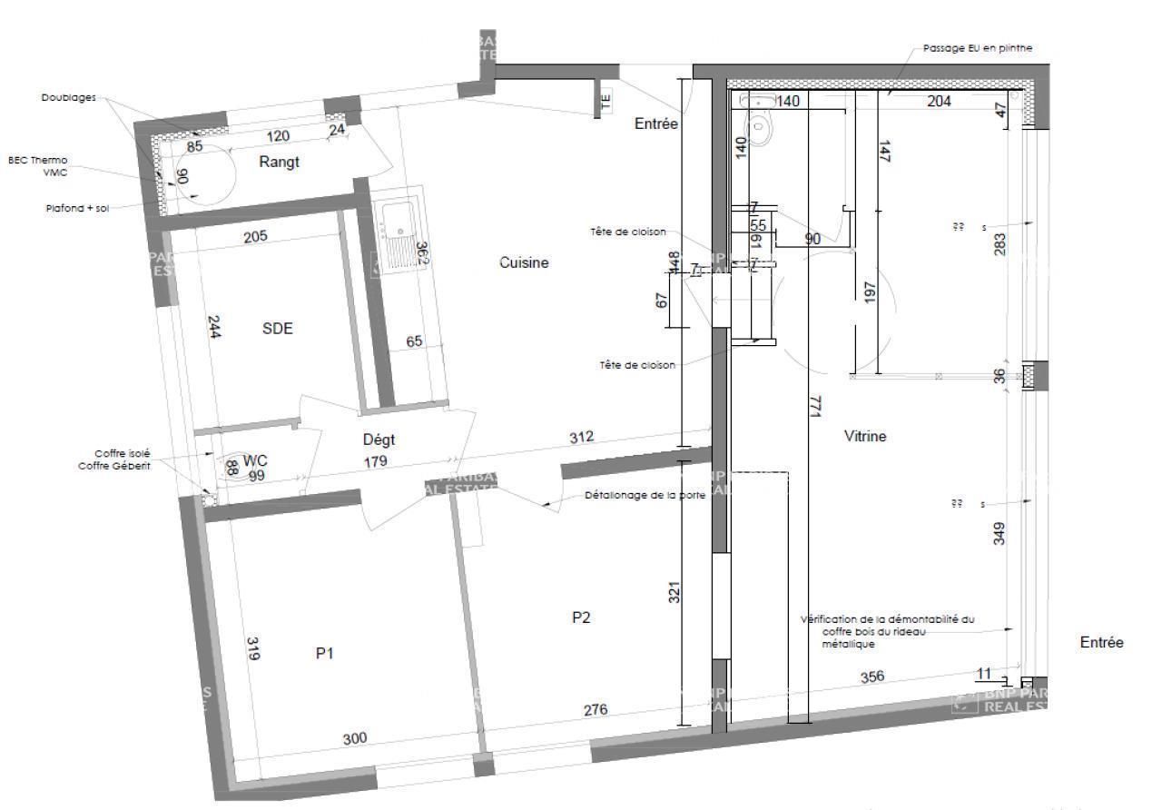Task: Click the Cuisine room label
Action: (524, 263)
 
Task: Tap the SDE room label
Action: (278, 329)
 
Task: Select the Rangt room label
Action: (279, 163)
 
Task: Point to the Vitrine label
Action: (864, 437)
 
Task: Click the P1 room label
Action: (325, 652)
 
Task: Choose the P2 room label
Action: (582, 617)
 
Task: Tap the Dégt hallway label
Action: (379, 440)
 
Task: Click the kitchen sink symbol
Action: (397, 231)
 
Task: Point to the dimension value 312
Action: (581, 437)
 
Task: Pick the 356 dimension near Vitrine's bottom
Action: (871, 677)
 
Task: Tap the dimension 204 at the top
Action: (939, 102)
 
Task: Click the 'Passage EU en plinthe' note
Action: (977, 48)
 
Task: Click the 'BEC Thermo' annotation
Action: (37, 160)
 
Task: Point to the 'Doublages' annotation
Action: (68, 97)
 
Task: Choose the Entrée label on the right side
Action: (1101, 643)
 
